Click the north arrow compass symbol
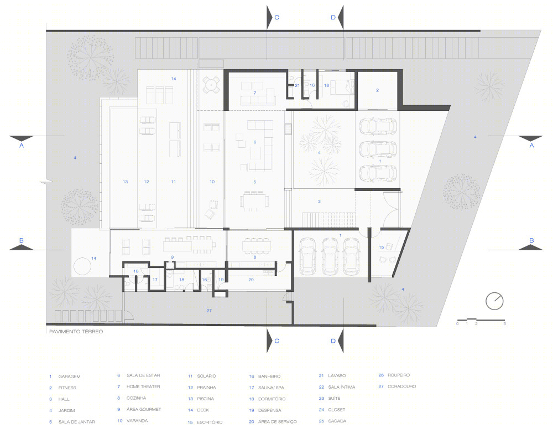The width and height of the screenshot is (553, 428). [494, 301]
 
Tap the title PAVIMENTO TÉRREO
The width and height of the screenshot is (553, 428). [76, 332]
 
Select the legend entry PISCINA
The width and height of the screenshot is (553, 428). [205, 399]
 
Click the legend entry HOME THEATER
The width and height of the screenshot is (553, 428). [143, 386]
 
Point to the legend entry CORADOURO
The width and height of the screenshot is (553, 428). [401, 386]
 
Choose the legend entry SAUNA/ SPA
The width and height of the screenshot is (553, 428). [271, 388]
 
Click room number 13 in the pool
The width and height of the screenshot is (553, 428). [125, 182]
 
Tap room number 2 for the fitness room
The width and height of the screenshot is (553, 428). [377, 90]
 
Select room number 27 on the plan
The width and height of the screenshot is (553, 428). [209, 311]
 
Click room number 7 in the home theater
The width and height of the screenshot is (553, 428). [254, 93]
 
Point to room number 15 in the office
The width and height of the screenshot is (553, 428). [381, 247]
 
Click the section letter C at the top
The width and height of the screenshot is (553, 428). [277, 17]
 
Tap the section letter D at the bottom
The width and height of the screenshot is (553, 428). [333, 341]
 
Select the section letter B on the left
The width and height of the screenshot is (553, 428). [21, 240]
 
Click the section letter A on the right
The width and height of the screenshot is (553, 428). [531, 146]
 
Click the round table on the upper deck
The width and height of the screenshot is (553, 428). [211, 85]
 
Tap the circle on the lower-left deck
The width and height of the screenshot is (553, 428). [82, 266]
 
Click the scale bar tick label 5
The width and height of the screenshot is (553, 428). [505, 324]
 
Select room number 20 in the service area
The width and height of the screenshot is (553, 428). [251, 280]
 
